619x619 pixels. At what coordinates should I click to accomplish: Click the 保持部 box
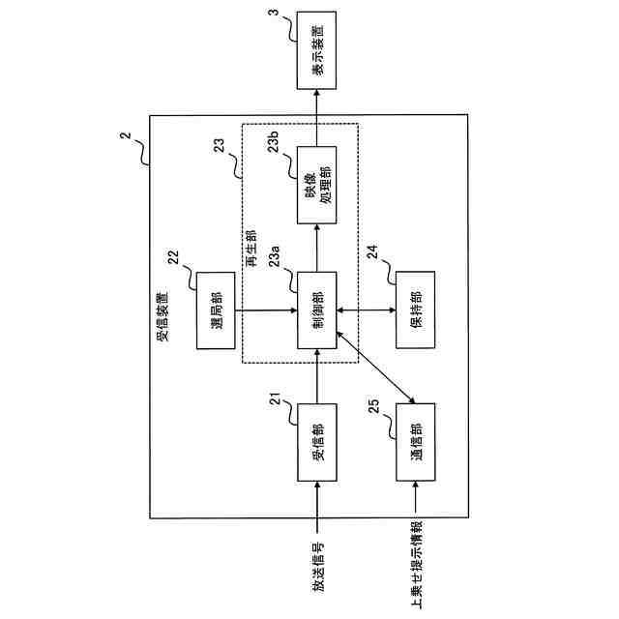[x=416, y=309]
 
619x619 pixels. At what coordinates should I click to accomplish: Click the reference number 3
[x=274, y=13]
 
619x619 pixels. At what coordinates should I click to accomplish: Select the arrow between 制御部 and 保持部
[x=367, y=310]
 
